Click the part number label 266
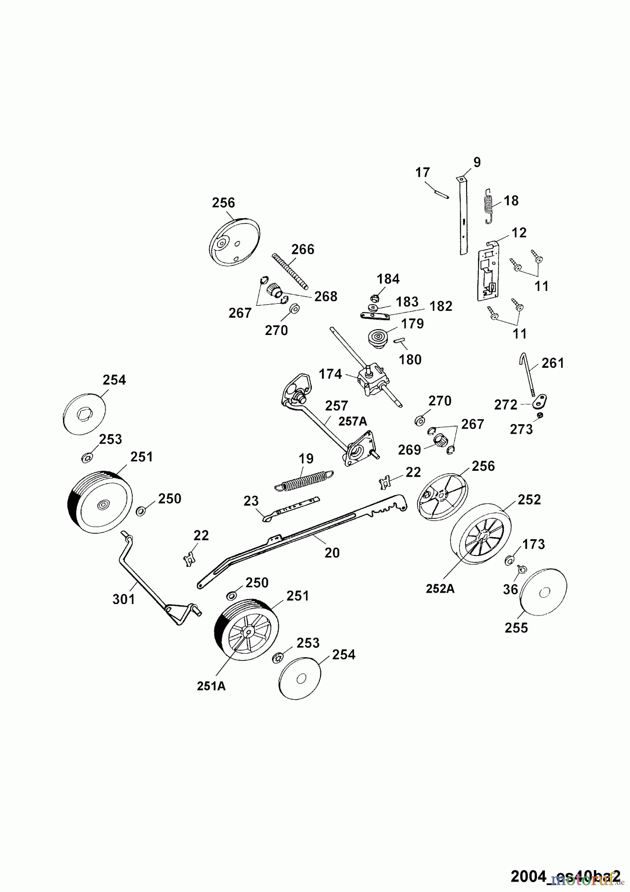point(303,249)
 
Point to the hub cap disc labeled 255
point(543,593)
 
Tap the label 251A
point(211,686)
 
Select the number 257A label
point(353,421)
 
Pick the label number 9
point(476,163)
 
